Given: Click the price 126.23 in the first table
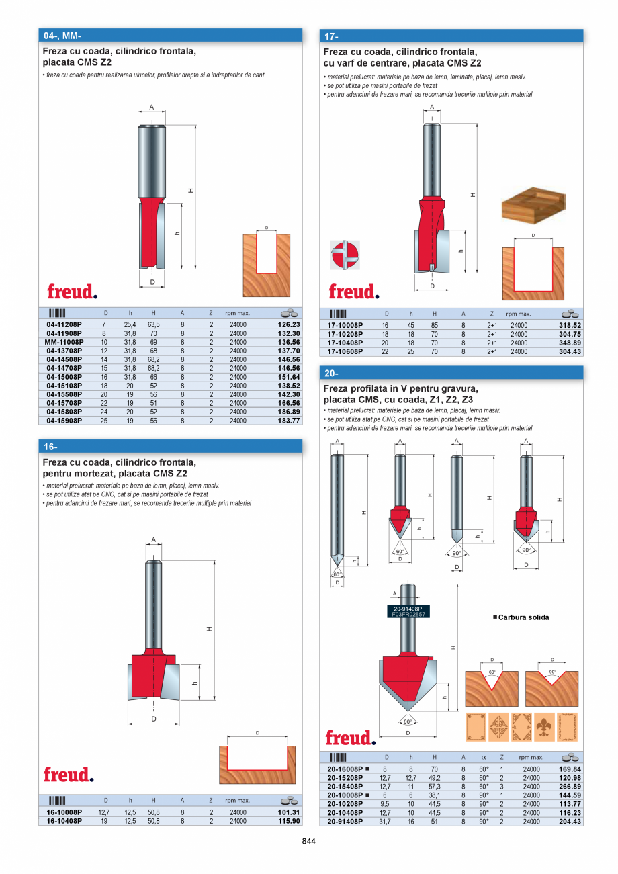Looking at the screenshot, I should (288, 324).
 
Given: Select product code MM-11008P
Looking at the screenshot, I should (64, 342).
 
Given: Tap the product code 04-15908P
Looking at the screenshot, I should (64, 421).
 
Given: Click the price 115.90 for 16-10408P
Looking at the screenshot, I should (288, 821).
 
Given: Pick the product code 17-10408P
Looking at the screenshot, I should (345, 343).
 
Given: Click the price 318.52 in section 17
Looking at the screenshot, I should (570, 325).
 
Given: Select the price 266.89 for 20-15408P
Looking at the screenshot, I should (570, 786).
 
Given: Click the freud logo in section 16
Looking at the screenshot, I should (69, 775).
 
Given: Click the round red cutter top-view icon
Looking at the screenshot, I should (345, 255).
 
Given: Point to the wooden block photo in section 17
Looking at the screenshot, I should (533, 204).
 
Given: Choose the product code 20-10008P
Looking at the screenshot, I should (345, 795).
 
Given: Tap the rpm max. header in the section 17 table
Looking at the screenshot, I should (519, 314).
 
